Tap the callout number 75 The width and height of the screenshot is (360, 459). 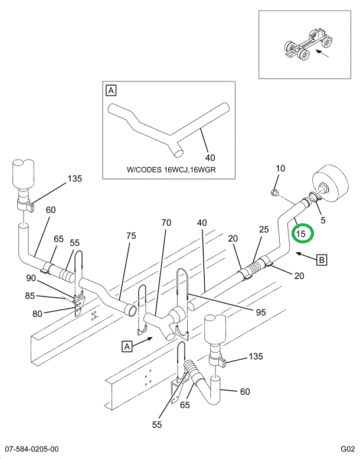130,235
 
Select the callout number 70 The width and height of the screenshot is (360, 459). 166,223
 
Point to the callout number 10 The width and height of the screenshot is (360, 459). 280,168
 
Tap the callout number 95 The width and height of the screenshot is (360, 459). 261,312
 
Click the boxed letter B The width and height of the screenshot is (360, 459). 322,259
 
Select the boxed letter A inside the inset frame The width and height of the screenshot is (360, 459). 111,90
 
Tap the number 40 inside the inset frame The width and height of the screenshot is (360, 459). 210,157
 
